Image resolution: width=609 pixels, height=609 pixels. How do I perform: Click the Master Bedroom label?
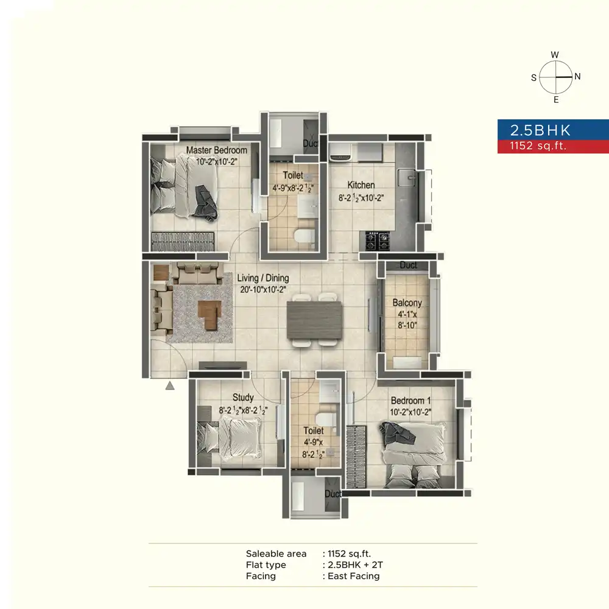[216, 150]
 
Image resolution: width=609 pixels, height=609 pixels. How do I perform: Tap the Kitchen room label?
[361, 185]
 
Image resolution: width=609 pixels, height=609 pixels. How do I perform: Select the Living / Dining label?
[263, 278]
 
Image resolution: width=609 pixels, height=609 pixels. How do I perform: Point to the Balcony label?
[407, 303]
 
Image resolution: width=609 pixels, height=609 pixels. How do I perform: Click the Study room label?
[243, 397]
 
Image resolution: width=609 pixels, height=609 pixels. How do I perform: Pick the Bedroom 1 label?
[410, 401]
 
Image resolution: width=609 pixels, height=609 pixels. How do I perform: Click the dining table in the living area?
[315, 320]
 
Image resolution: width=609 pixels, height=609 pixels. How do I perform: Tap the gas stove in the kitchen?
[377, 241]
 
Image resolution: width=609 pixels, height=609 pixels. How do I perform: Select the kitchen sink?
[407, 177]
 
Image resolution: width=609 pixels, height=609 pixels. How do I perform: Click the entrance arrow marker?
[170, 385]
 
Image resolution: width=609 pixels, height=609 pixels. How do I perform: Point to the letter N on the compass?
[577, 77]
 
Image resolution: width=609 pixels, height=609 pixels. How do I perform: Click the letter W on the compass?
[555, 55]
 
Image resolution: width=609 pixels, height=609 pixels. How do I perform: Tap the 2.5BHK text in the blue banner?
[540, 130]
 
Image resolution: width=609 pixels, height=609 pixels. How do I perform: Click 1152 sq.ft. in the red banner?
[538, 146]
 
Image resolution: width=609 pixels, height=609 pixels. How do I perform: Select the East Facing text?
[353, 576]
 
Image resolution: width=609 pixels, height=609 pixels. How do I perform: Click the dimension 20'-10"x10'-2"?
[263, 290]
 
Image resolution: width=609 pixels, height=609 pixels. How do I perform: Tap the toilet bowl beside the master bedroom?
[304, 236]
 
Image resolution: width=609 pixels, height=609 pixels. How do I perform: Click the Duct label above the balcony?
[408, 266]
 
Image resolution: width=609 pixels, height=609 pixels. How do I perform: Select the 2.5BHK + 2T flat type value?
[355, 565]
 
